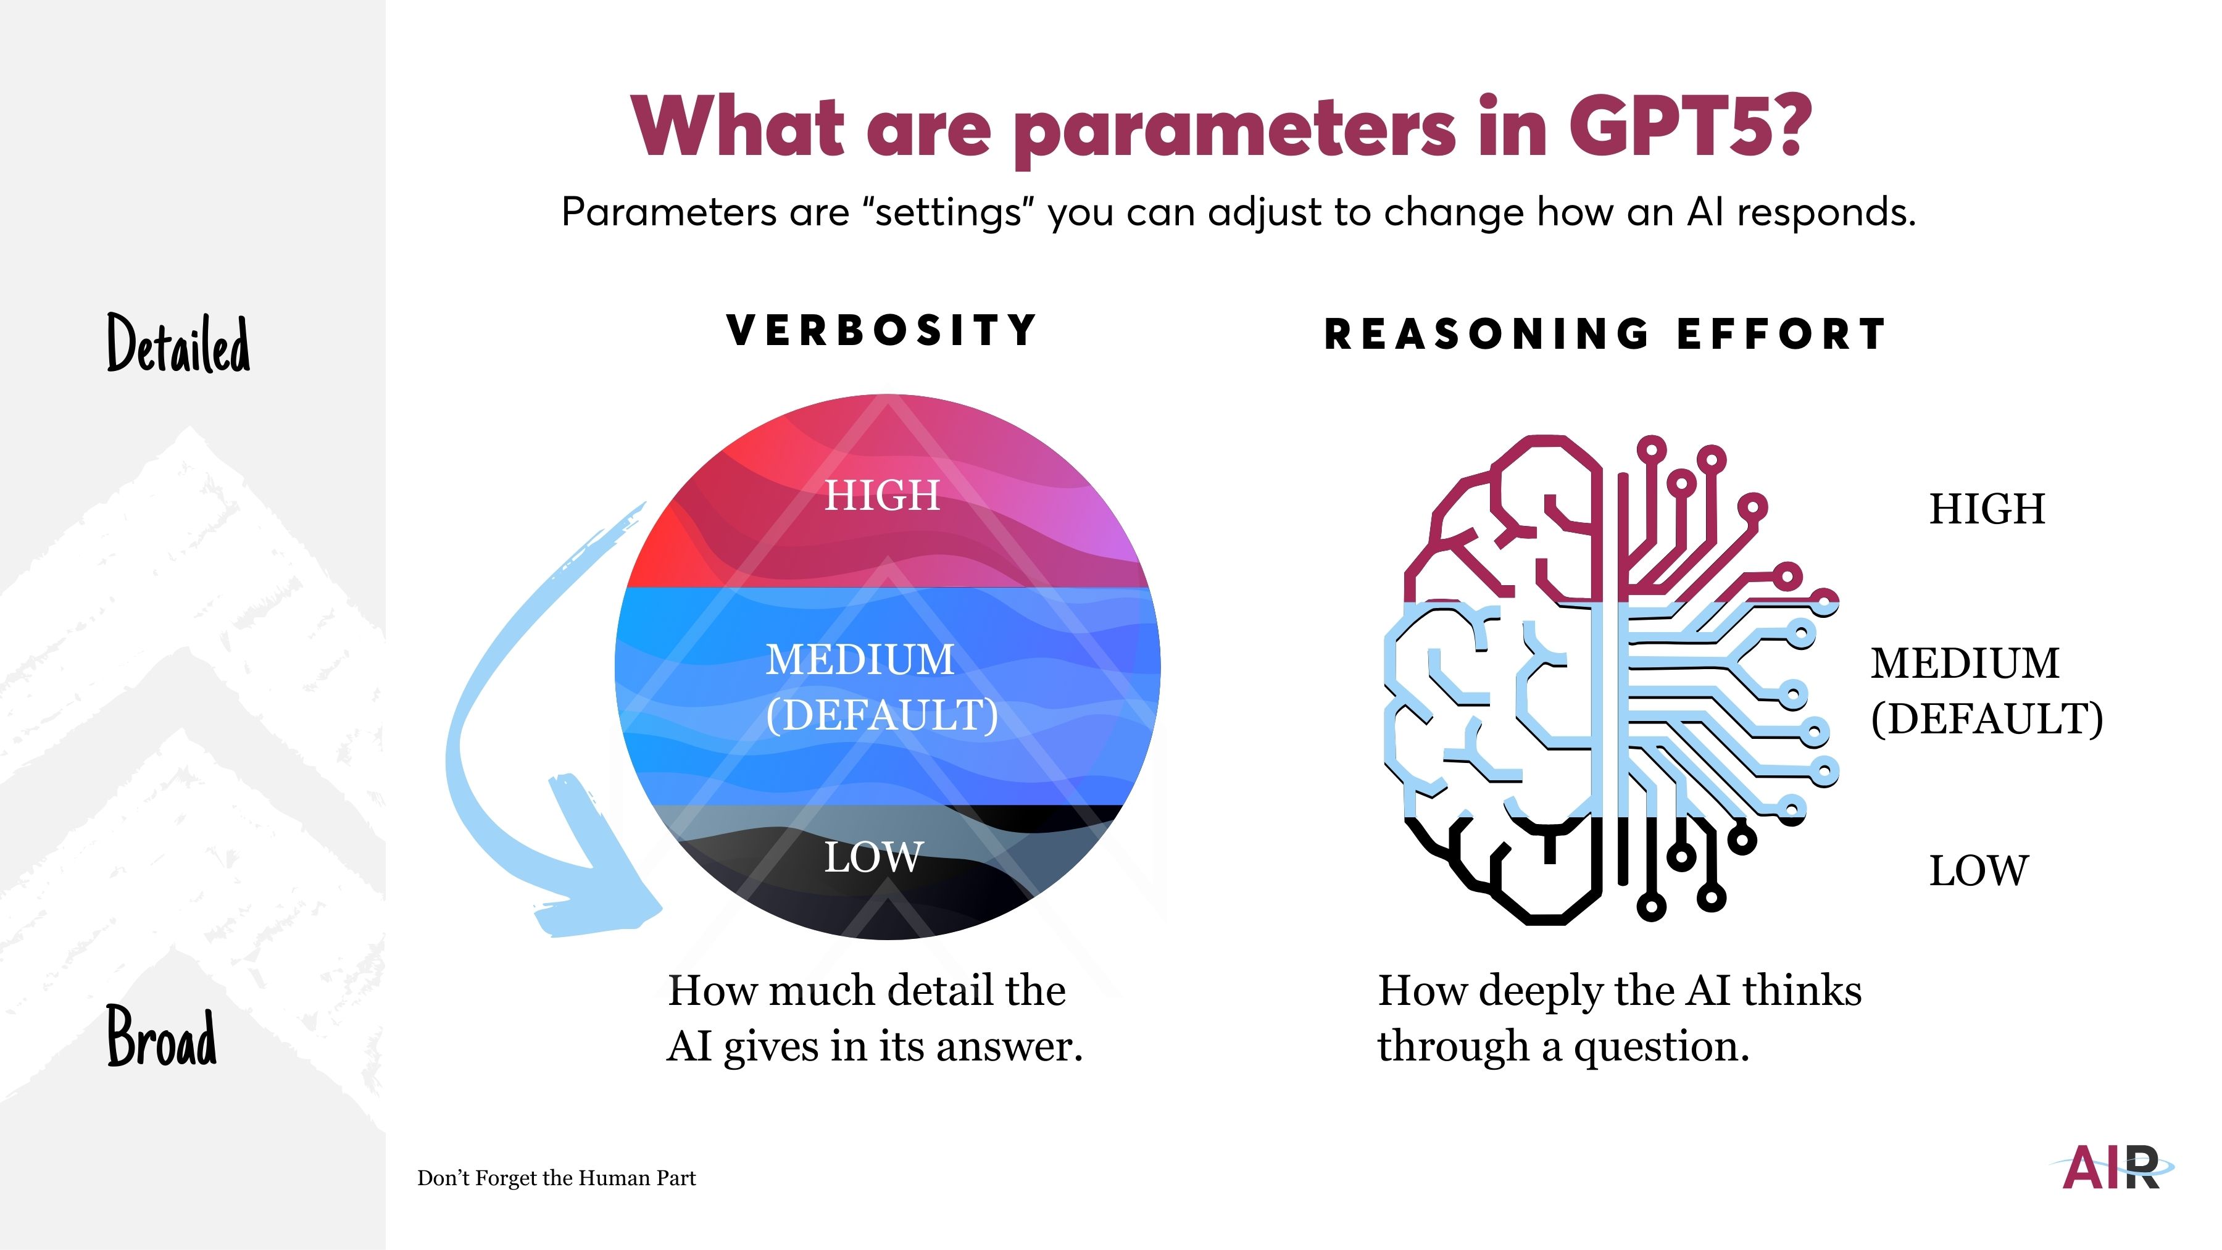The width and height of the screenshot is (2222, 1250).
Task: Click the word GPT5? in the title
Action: click(1690, 128)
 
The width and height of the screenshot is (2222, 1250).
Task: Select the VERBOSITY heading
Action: click(881, 330)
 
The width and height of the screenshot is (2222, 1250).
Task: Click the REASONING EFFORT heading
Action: click(1605, 335)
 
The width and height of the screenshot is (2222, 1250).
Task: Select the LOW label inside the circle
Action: click(874, 857)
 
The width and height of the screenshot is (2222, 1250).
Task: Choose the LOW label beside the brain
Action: click(1979, 871)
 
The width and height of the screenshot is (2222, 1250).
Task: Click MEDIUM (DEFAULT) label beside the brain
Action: click(1986, 691)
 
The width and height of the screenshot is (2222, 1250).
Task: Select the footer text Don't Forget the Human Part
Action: click(556, 1178)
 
